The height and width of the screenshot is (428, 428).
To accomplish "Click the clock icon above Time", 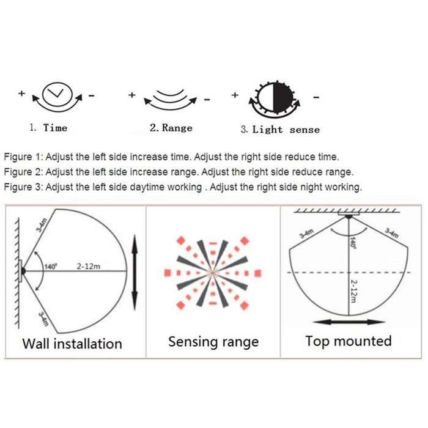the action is (x=57, y=94).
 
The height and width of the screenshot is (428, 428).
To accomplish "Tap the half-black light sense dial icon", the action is (x=275, y=98).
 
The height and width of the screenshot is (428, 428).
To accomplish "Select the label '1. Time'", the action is (x=48, y=128).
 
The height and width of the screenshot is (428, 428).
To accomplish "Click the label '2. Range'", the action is (x=171, y=128).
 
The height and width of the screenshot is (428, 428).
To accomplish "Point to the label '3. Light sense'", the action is (x=280, y=130).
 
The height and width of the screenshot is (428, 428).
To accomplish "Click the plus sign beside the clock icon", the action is (x=21, y=94).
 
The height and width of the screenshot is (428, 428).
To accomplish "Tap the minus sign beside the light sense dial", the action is (x=316, y=97).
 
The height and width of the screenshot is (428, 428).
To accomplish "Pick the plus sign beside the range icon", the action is (x=132, y=95).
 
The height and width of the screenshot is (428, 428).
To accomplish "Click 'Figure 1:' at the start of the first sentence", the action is (x=23, y=157).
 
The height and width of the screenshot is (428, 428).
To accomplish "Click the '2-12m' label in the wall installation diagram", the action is (x=89, y=266).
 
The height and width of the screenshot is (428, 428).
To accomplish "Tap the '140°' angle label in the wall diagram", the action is (x=51, y=267).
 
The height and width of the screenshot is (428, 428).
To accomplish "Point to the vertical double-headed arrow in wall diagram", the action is (x=135, y=273).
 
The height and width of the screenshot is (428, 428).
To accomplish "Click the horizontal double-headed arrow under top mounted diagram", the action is (x=349, y=322).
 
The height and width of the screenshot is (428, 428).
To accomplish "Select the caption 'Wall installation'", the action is (x=72, y=344).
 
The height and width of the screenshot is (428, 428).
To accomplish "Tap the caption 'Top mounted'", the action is (x=349, y=341).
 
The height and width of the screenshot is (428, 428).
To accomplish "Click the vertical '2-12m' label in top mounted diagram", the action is (x=353, y=291).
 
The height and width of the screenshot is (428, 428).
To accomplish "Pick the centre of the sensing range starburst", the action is (x=213, y=273).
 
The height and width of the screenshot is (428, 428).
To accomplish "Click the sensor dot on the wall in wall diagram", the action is (x=23, y=271).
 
